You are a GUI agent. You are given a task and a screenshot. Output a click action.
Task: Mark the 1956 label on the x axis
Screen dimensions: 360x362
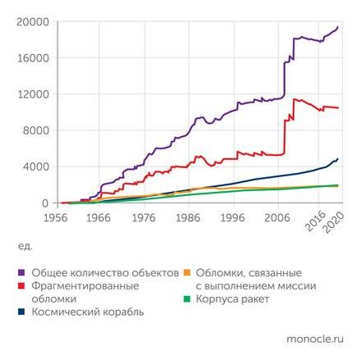(x=56, y=218)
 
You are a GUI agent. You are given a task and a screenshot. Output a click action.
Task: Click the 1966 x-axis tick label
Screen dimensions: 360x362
(x=101, y=218)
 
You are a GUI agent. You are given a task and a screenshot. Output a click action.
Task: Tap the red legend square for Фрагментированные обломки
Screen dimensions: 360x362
(x=21, y=286)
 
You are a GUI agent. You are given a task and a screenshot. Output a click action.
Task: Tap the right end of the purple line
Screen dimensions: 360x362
(x=337, y=28)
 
